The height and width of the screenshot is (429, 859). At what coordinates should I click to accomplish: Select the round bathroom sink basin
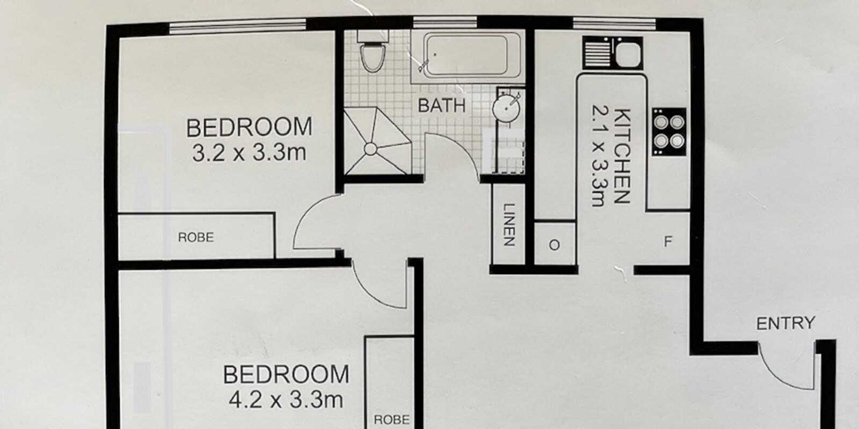[506, 109]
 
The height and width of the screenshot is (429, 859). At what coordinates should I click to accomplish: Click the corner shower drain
[370, 149]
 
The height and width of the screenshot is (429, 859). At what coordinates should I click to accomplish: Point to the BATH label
[441, 106]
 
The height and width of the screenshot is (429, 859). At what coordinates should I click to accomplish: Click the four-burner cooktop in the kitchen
[669, 132]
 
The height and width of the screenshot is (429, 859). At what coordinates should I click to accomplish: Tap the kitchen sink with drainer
[613, 53]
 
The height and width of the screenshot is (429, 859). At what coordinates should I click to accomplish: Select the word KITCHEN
[621, 156]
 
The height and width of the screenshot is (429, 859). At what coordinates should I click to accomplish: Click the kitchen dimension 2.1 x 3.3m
[598, 156]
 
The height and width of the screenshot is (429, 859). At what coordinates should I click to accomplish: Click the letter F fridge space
[667, 242]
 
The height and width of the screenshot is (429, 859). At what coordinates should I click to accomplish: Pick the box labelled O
[555, 245]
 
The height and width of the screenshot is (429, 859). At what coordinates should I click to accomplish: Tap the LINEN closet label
[508, 225]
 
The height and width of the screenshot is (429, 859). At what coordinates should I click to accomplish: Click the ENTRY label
[785, 323]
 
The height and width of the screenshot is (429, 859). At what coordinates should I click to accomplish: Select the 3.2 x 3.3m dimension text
[249, 153]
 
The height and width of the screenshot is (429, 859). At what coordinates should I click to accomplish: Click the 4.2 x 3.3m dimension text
[286, 400]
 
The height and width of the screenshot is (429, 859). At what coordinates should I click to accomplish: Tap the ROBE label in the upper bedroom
[195, 237]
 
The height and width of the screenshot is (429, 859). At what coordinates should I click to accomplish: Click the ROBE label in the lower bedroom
[391, 419]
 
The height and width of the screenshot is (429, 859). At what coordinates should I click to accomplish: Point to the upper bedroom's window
[237, 24]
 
